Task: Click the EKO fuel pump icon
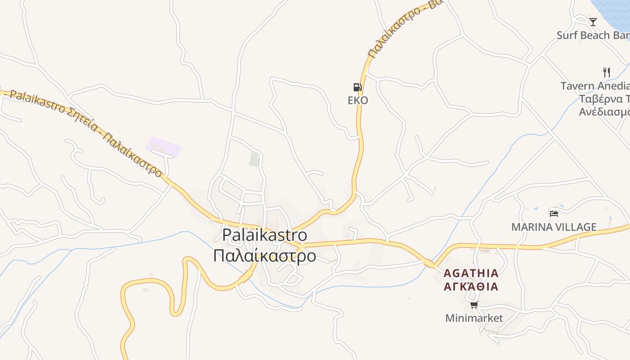pyautogui.click(x=357, y=87)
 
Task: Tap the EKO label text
pyautogui.click(x=358, y=100)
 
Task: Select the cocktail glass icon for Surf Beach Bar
pyautogui.click(x=593, y=22)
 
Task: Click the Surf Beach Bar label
pyautogui.click(x=592, y=35)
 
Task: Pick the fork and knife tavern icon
pyautogui.click(x=606, y=72)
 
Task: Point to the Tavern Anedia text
pyautogui.click(x=594, y=85)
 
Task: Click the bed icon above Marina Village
pyautogui.click(x=553, y=213)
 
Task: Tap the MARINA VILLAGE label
pyautogui.click(x=553, y=227)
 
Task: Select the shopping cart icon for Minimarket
pyautogui.click(x=474, y=305)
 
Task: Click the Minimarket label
pyautogui.click(x=474, y=318)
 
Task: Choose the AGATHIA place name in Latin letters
pyautogui.click(x=471, y=273)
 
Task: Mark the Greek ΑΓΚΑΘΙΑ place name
pyautogui.click(x=471, y=287)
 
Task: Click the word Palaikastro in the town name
pyautogui.click(x=265, y=235)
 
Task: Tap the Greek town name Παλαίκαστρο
pyautogui.click(x=265, y=256)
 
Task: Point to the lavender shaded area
pyautogui.click(x=163, y=146)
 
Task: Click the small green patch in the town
pyautogui.click(x=255, y=159)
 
